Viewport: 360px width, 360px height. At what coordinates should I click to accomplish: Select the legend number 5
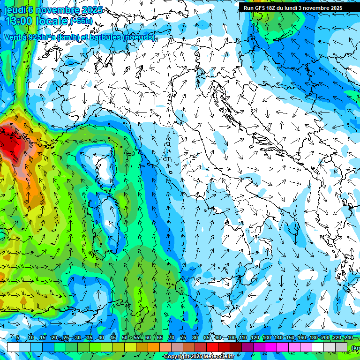pyautogui.click(x=17, y=338)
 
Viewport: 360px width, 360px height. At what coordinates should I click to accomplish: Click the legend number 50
pyautogui.click(x=124, y=338)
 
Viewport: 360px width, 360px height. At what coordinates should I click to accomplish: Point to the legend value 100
pyautogui.click(x=231, y=338)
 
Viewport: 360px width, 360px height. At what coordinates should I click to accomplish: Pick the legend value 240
pyautogui.click(x=348, y=338)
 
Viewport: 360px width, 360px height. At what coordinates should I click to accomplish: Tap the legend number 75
pyautogui.click(x=183, y=338)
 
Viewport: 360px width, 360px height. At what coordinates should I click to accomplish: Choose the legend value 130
pyautogui.click(x=266, y=338)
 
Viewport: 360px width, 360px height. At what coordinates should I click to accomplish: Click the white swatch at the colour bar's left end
pyautogui.click(x=13, y=347)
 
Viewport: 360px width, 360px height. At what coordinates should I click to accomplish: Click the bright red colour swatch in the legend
pyautogui.click(x=212, y=347)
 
